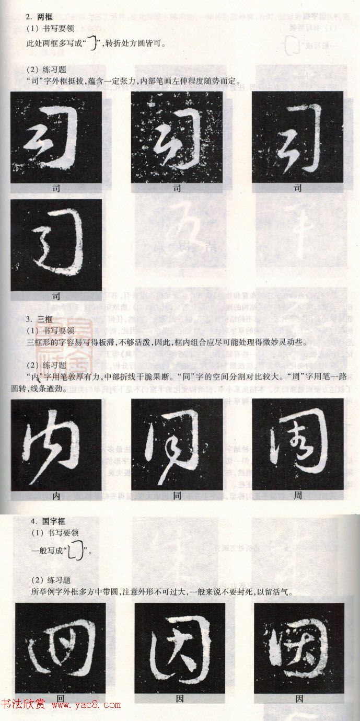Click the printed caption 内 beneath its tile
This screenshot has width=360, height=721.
coord(56,495)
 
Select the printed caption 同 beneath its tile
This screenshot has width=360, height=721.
coord(177,495)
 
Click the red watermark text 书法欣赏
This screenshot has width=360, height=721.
coord(23,705)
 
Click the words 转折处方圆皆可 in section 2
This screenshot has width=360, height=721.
coord(134,44)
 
